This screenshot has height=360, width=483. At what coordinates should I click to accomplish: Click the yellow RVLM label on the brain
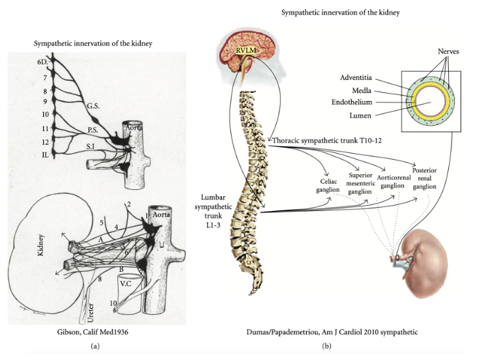(x=246, y=51)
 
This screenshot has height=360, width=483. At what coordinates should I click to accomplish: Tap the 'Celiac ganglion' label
(x=328, y=185)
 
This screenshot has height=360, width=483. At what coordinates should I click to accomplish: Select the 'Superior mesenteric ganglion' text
(x=361, y=183)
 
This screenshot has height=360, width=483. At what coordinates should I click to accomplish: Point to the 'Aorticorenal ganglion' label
(x=394, y=182)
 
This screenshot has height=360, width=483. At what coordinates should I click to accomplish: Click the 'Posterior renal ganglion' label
(x=424, y=178)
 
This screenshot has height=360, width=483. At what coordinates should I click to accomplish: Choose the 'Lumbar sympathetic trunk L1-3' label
(x=213, y=211)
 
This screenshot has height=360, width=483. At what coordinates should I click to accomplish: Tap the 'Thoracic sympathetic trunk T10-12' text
(x=327, y=141)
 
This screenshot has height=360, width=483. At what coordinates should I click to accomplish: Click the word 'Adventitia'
(x=356, y=78)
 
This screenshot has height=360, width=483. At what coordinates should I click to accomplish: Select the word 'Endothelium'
(x=352, y=102)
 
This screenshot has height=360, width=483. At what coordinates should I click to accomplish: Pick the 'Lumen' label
(x=361, y=116)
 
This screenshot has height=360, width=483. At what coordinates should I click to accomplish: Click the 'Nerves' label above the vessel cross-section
(x=448, y=51)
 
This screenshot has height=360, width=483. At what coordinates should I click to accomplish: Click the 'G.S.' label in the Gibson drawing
(x=93, y=106)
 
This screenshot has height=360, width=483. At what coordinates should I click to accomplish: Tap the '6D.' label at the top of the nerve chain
(x=42, y=61)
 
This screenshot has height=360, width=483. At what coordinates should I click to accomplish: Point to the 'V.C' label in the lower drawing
(x=126, y=283)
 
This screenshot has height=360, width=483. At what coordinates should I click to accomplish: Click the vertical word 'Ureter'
(x=90, y=313)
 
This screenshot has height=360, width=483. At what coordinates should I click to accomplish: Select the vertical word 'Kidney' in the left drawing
(x=40, y=245)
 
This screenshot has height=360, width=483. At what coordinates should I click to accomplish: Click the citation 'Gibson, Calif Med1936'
(x=93, y=332)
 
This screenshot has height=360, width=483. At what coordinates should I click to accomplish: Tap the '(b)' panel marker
(x=327, y=346)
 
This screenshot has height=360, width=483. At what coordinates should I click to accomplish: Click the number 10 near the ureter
(x=113, y=303)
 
